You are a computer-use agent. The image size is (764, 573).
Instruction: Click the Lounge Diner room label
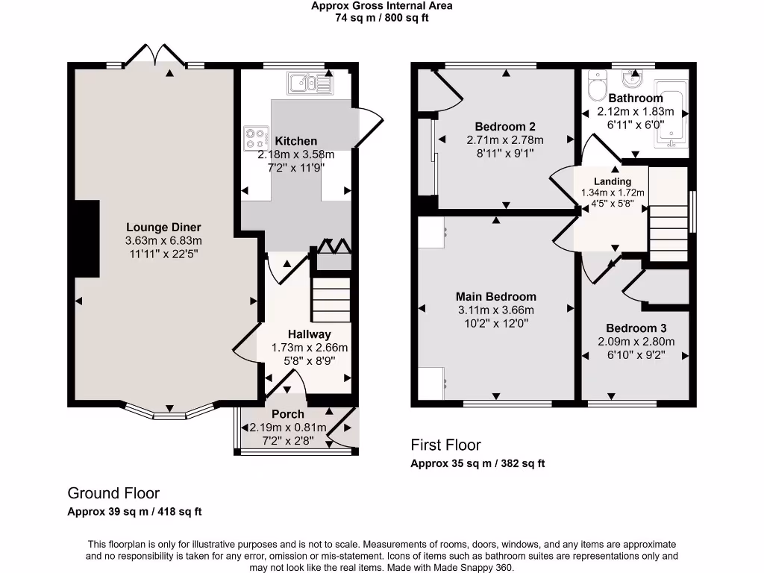[163, 228]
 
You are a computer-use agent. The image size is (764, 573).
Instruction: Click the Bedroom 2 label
[505, 127]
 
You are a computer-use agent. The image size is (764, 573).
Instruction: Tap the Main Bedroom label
[496, 297]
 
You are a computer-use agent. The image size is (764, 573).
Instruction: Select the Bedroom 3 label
[636, 328]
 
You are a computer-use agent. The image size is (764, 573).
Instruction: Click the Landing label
[612, 181]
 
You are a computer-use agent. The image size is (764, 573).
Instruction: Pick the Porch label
[287, 414]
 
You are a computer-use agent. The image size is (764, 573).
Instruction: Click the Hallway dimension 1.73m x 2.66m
[309, 348]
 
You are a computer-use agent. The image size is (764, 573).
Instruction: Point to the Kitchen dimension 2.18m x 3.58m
[295, 154]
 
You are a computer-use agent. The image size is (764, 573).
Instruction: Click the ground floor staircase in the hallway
[331, 298]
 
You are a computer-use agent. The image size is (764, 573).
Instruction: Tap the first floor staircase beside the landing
[667, 224]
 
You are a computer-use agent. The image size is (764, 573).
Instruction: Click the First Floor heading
[445, 445]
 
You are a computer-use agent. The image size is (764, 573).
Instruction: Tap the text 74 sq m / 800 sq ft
[381, 18]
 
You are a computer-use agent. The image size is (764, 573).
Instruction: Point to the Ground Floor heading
[113, 493]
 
